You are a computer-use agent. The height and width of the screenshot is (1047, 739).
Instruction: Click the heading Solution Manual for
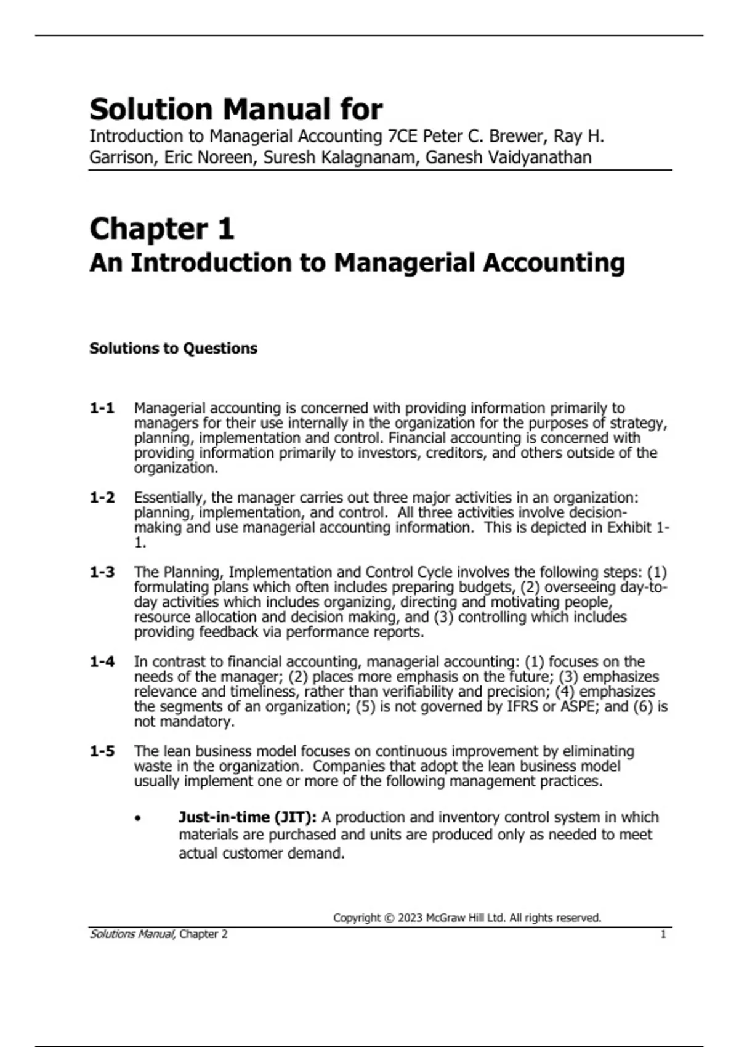tap(236, 110)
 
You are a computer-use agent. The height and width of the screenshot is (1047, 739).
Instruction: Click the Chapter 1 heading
tap(162, 229)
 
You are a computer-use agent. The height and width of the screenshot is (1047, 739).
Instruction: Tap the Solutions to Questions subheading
tap(173, 349)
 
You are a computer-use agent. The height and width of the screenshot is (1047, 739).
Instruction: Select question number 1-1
tap(102, 408)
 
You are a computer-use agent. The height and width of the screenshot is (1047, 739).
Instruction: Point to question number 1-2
tap(102, 498)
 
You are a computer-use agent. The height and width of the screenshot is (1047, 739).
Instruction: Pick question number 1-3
tap(102, 572)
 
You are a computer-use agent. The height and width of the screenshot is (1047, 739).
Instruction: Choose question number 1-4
tap(102, 662)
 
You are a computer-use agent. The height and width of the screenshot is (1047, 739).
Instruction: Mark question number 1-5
tap(102, 751)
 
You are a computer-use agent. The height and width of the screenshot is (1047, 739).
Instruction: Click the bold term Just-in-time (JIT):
tap(248, 817)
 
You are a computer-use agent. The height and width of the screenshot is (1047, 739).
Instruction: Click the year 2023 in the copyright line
tap(410, 918)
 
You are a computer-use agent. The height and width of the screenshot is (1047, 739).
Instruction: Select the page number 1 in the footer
tap(663, 934)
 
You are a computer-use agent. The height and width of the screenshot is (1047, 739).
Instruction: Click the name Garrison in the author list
tap(123, 158)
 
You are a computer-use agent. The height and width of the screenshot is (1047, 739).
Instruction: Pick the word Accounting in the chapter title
tap(554, 263)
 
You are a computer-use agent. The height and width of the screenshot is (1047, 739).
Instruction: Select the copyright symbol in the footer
tap(388, 918)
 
